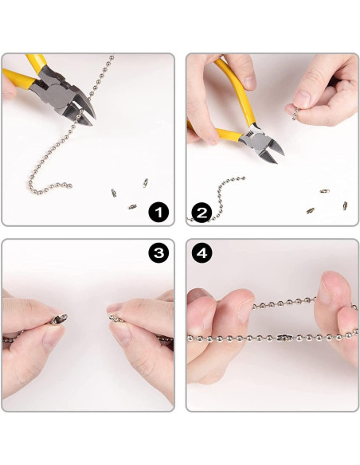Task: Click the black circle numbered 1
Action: coord(158,213)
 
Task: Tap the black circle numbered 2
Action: coord(202,213)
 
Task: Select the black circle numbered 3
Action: coord(158,253)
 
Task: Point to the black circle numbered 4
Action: coord(202,253)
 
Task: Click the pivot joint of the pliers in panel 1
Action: coord(57,93)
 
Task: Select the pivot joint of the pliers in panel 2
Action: coord(257,139)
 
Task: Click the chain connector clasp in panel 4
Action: coord(284,337)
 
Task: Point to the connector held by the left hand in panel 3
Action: coord(59,319)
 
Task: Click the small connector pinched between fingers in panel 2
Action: coord(295,114)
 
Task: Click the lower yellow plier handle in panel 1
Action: coord(18,79)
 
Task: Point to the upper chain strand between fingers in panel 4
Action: coord(284,303)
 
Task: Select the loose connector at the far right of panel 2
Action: coord(345,205)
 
